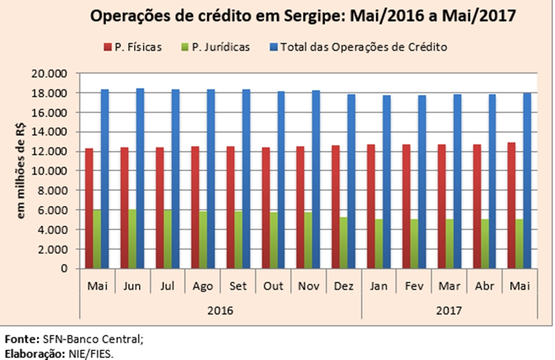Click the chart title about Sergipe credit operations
coord(303,17)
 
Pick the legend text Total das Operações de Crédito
coord(364,47)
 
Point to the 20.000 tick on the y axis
coord(49,73)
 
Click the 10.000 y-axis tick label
coord(49,171)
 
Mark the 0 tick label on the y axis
coord(64,268)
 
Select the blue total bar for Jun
coord(140,178)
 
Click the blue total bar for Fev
coord(421,182)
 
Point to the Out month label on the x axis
coord(273,286)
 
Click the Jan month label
coord(379,286)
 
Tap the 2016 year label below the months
coord(220,311)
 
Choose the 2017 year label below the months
coord(449,311)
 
